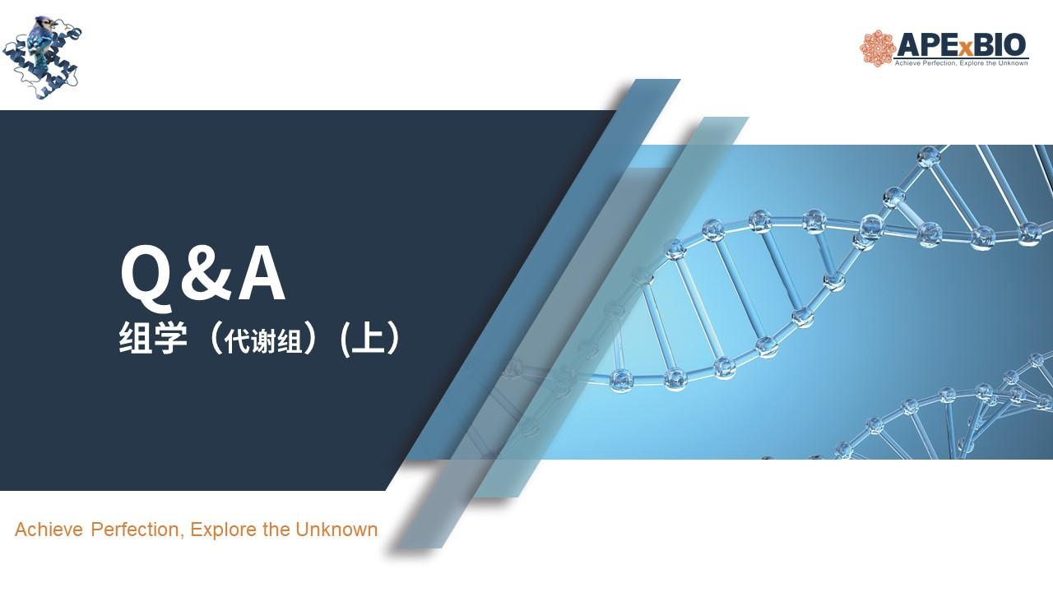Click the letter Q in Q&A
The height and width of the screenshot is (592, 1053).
tap(146, 278)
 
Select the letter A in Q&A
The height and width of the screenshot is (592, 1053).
tap(262, 274)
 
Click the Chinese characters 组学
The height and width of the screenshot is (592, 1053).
tap(153, 337)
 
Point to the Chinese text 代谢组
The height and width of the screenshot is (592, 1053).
tap(263, 340)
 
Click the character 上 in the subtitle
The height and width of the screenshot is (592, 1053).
tap(369, 337)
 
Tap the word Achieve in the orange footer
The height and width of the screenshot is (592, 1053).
tap(49, 530)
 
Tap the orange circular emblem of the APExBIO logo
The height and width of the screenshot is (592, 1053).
tap(877, 49)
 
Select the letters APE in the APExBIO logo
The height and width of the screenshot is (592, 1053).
tap(925, 45)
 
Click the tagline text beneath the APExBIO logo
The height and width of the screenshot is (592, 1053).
tap(961, 63)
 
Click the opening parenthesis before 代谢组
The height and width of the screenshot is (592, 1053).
tap(215, 337)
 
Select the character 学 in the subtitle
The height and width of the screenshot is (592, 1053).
tap(170, 337)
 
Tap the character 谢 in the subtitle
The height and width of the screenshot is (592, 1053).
tap(263, 340)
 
